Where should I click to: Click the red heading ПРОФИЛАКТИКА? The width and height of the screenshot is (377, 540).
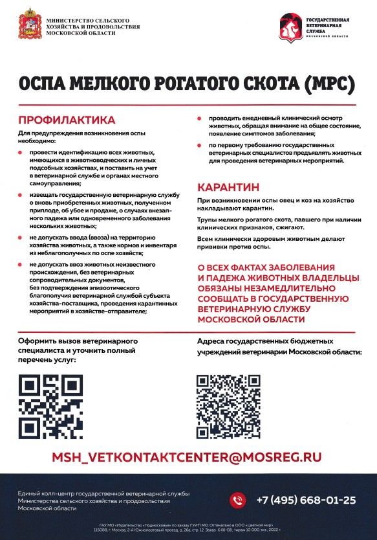67,120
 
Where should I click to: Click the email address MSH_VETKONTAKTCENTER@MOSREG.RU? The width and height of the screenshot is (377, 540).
187,456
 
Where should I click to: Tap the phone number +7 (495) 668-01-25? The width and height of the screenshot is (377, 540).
306,500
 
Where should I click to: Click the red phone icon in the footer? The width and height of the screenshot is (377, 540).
239,500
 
